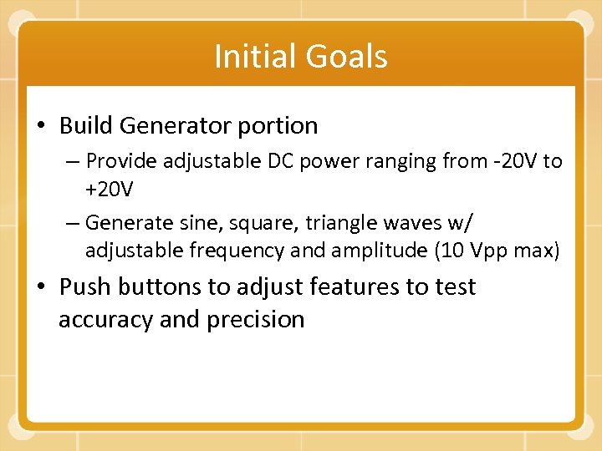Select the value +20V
[109, 190]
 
